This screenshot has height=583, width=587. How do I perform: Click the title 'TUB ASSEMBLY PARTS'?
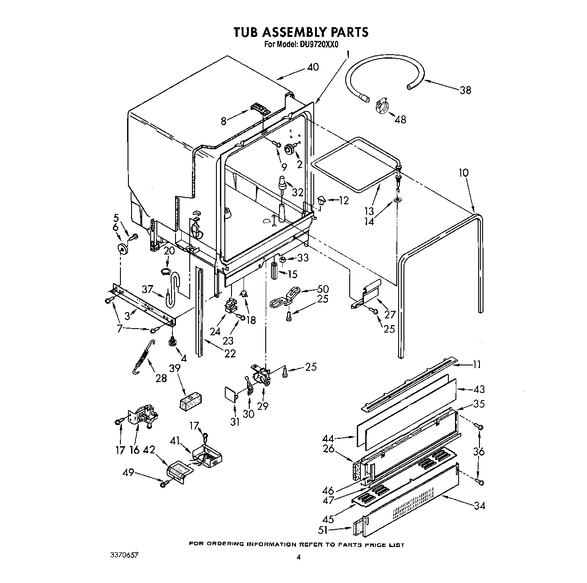tap(301, 32)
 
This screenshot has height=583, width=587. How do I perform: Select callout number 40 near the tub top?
tap(313, 67)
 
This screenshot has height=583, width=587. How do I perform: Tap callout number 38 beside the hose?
tap(465, 90)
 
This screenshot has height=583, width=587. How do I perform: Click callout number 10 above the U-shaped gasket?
tap(463, 172)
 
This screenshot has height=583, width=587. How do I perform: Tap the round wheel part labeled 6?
tap(122, 248)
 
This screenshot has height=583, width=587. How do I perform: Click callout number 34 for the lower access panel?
tap(479, 505)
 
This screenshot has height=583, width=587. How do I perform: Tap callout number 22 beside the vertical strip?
tap(230, 353)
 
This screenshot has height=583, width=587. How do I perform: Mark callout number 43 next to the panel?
tap(479, 389)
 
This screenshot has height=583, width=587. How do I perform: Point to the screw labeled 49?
tap(165, 484)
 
